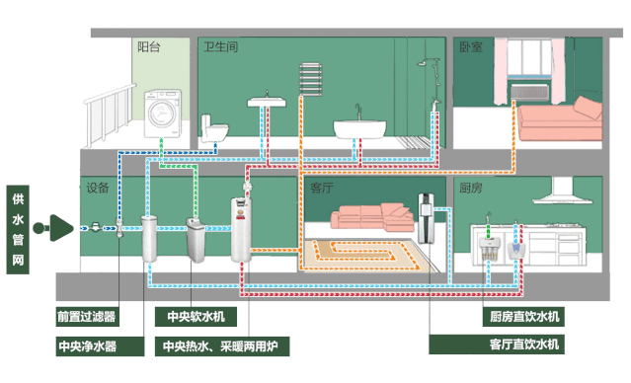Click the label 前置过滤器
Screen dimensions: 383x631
86,317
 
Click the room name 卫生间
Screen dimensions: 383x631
221,46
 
